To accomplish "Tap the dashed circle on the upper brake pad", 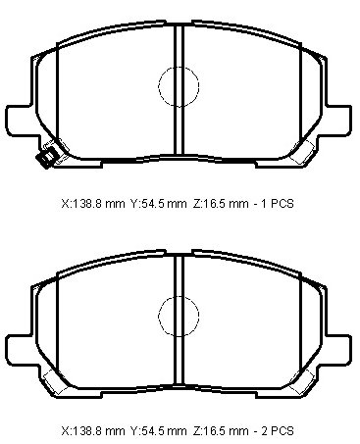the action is (x=179, y=67).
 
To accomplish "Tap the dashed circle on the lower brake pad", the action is (x=179, y=296).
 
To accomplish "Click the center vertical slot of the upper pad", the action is (x=179, y=89).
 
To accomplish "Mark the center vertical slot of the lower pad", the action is (x=179, y=320).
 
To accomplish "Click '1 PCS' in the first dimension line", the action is (x=278, y=204).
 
